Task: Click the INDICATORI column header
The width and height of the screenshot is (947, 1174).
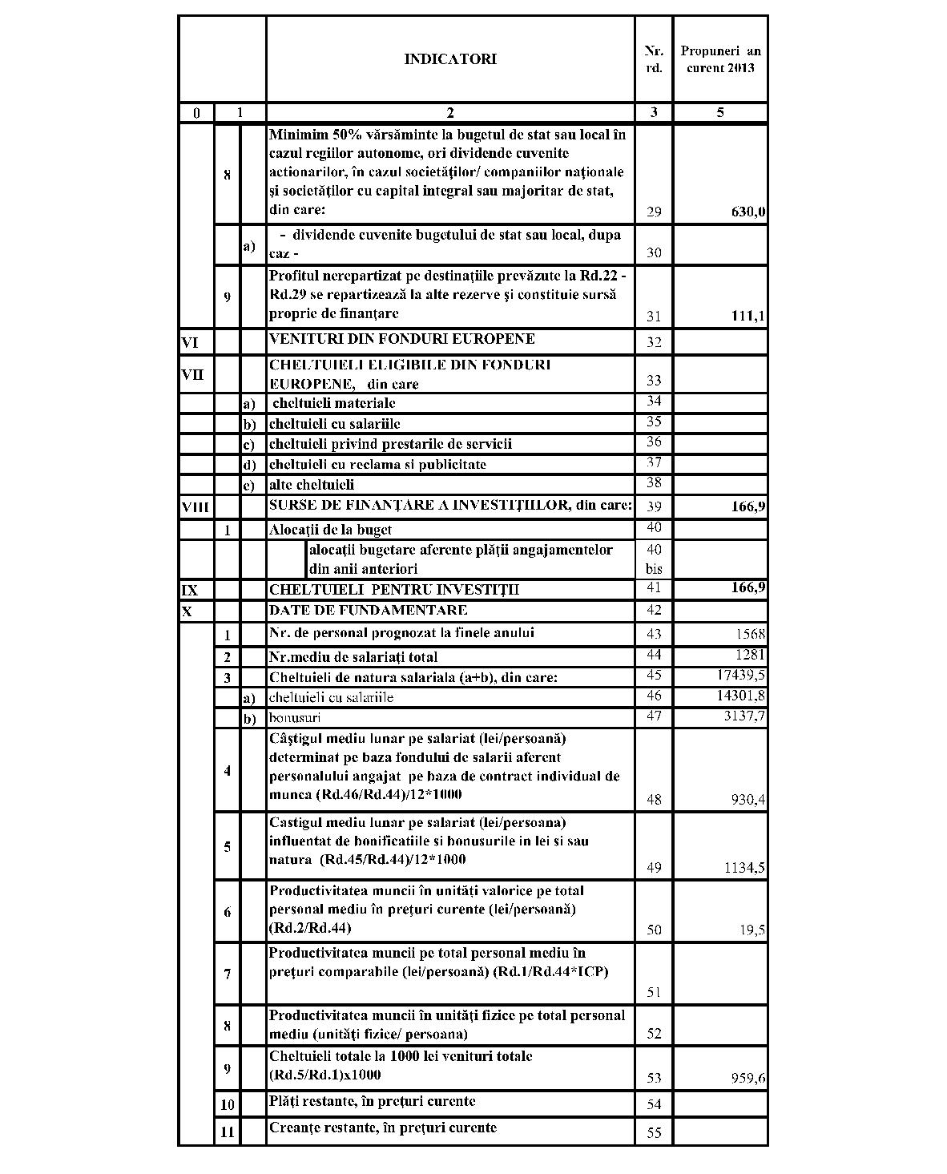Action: point(449,59)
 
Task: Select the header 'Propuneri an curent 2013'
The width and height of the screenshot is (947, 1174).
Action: point(720,59)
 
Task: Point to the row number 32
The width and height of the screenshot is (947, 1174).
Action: point(654,343)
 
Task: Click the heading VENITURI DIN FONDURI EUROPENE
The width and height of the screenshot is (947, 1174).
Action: point(402,339)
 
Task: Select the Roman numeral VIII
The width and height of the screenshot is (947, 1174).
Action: point(195,506)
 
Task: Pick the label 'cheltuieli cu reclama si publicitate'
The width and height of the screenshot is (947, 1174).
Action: point(377,465)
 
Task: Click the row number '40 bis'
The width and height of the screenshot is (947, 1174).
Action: point(654,559)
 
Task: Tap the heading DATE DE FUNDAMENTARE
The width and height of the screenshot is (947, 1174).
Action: point(369,611)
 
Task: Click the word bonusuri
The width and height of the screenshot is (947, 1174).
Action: point(295,718)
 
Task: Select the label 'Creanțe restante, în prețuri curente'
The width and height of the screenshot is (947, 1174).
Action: point(383,1128)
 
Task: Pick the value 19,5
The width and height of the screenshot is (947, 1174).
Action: point(753,930)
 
